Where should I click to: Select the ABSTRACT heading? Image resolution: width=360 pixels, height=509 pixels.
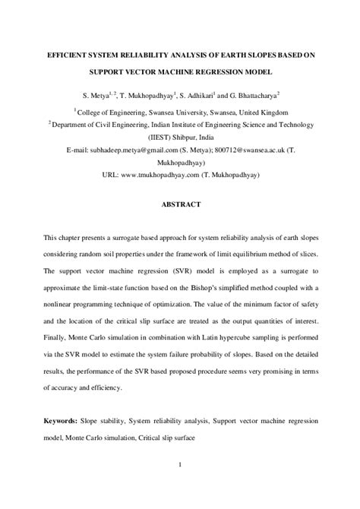[179, 204]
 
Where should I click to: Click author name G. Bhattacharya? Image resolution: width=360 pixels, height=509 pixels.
[248, 96]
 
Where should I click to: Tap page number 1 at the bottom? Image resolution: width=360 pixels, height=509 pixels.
[180, 465]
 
